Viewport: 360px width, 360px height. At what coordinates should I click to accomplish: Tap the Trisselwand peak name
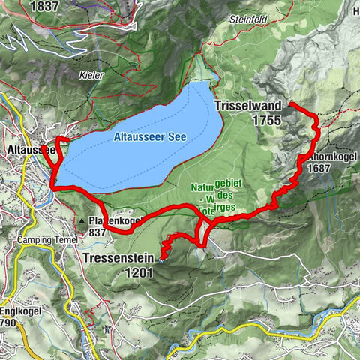pos(248,106)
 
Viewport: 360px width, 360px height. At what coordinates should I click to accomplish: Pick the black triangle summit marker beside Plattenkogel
pos(81,222)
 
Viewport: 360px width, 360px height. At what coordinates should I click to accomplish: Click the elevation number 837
pos(98,232)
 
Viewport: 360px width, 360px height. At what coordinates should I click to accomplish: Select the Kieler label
pos(90,75)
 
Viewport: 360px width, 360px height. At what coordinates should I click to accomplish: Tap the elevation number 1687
pos(321,169)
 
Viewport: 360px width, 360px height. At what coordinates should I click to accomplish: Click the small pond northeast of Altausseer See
pos(215,77)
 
